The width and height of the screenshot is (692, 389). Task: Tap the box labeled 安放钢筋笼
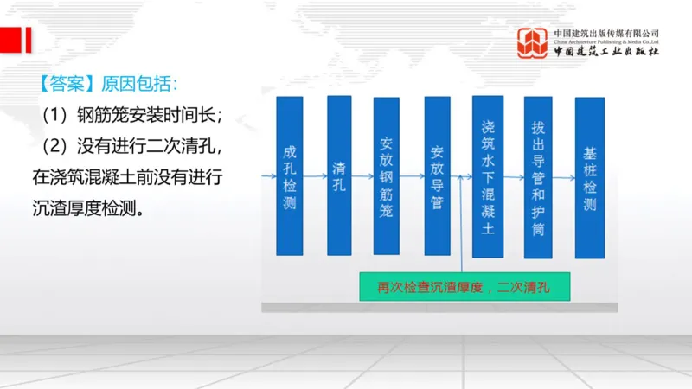[x=386, y=176]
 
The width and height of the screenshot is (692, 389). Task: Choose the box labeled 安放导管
[x=437, y=176]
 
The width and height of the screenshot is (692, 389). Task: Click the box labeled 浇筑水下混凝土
[x=488, y=176]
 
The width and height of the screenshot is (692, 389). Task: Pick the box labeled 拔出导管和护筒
[x=538, y=176]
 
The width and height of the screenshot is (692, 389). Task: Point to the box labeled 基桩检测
[x=590, y=176]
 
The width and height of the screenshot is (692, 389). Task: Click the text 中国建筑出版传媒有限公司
[x=606, y=32]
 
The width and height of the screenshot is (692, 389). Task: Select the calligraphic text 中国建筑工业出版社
[x=606, y=52]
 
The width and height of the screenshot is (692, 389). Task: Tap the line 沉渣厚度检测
[x=87, y=209]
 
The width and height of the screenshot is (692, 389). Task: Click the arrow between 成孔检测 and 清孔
[x=315, y=176]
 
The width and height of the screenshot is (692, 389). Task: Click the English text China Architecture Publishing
[x=606, y=41]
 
